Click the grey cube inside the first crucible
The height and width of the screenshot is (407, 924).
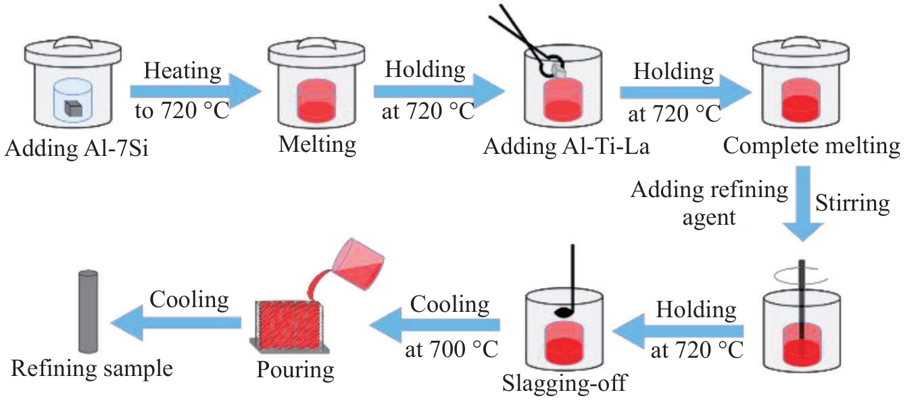click(73, 109)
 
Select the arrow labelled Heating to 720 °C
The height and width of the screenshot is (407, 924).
click(195, 91)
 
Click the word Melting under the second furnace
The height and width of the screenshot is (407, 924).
click(317, 145)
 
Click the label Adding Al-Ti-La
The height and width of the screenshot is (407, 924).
click(566, 146)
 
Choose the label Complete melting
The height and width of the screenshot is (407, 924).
click(812, 146)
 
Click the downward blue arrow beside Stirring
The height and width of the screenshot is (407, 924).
click(803, 204)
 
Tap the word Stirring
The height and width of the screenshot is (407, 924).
click(852, 204)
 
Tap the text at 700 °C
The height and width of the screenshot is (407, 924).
click(452, 350)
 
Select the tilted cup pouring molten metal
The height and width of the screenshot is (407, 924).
click(358, 264)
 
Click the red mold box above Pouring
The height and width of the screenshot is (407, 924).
click(288, 325)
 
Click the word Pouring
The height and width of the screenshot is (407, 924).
click(295, 370)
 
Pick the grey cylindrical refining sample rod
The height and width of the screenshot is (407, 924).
click(89, 311)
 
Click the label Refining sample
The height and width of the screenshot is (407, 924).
click(91, 369)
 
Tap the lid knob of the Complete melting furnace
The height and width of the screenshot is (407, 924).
click(801, 42)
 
